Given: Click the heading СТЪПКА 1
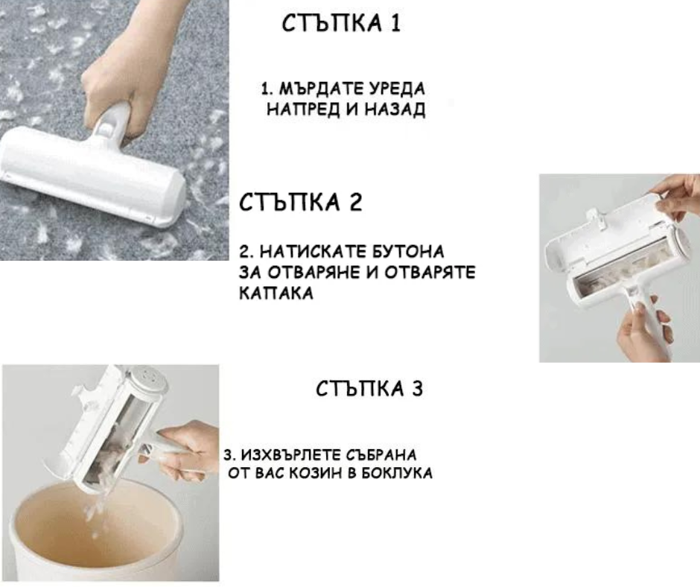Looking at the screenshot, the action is pyautogui.click(x=342, y=23).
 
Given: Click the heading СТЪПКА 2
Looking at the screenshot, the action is pyautogui.click(x=300, y=203).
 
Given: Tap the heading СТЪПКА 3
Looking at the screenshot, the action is pyautogui.click(x=369, y=389).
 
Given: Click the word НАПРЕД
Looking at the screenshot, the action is pyautogui.click(x=303, y=109).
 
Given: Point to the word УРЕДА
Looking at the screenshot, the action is pyautogui.click(x=396, y=89).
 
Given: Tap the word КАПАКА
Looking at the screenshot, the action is pyautogui.click(x=276, y=293).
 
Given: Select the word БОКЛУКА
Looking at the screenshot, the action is pyautogui.click(x=396, y=473).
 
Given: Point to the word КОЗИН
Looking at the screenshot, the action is pyautogui.click(x=316, y=473).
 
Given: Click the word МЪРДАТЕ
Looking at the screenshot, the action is pyautogui.click(x=321, y=89).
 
